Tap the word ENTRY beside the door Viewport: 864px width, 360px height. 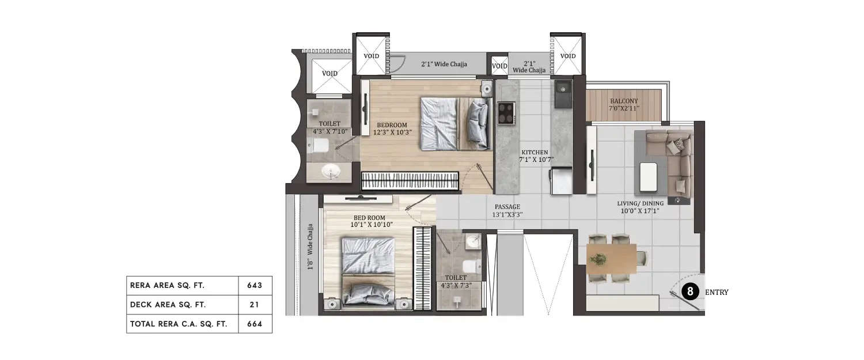tap(717, 293)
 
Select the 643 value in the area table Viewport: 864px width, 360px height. tap(255, 285)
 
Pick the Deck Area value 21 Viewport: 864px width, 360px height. tap(255, 305)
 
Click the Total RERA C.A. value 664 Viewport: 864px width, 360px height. tap(255, 324)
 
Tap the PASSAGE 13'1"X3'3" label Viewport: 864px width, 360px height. tap(507, 210)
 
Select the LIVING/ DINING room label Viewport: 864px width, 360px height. tap(640, 207)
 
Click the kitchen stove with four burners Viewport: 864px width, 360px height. tap(506, 112)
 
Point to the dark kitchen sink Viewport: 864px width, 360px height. tap(562, 95)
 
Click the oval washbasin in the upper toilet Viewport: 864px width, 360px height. tap(330, 171)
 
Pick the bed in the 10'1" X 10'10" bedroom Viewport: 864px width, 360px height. tap(368, 271)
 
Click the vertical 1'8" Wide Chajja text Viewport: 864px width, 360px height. tap(310, 247)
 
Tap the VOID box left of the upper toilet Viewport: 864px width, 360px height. tap(330, 74)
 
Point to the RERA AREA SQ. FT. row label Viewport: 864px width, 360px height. tap(167, 285)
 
